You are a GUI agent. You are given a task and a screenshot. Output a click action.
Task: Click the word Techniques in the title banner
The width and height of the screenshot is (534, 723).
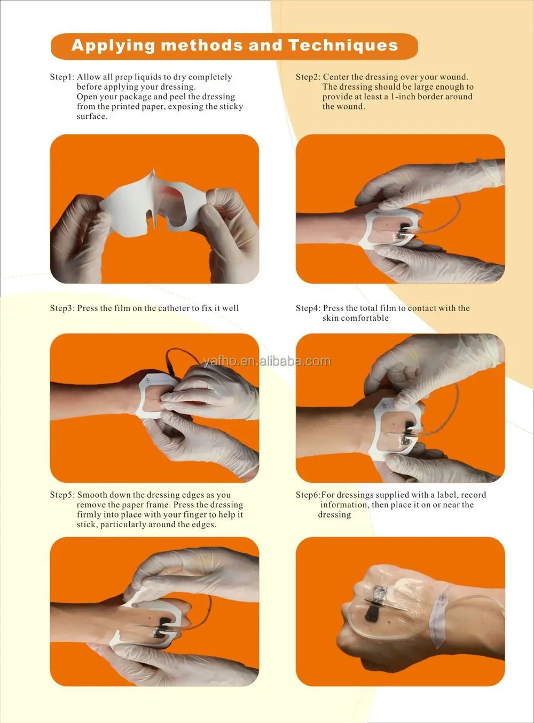[343, 45]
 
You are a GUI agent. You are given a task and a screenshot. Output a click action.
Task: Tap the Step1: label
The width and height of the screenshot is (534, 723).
[62, 77]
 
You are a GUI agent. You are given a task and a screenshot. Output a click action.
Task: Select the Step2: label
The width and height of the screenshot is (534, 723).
[308, 77]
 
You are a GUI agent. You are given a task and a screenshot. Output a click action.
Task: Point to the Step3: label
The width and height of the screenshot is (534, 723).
[62, 308]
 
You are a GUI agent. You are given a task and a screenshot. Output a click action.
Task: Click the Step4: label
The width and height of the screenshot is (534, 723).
[308, 308]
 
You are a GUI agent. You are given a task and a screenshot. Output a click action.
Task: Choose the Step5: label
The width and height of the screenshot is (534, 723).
[62, 495]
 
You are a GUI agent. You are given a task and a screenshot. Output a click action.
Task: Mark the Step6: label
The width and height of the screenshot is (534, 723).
[308, 495]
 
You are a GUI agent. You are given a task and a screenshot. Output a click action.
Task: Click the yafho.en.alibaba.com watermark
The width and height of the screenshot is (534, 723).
[267, 361]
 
